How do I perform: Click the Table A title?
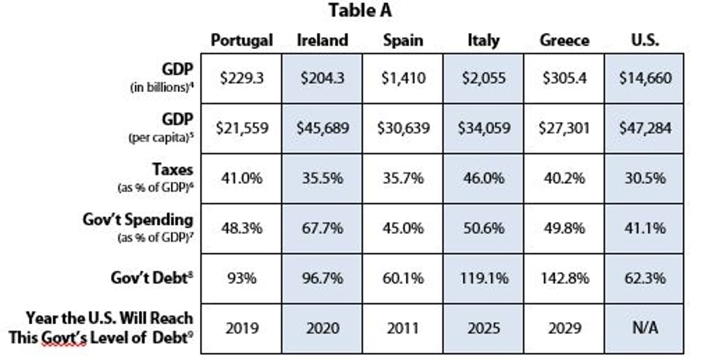[361, 11]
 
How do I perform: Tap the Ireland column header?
[322, 40]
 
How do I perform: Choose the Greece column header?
[564, 40]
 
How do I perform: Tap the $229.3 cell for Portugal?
[241, 78]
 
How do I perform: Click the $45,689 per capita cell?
[322, 128]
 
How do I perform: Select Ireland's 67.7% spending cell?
[322, 228]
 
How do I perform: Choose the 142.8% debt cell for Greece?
[564, 278]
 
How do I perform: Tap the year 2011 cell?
[403, 328]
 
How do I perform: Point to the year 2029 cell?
[564, 328]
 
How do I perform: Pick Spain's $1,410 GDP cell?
[403, 78]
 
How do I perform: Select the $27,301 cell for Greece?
[564, 128]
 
